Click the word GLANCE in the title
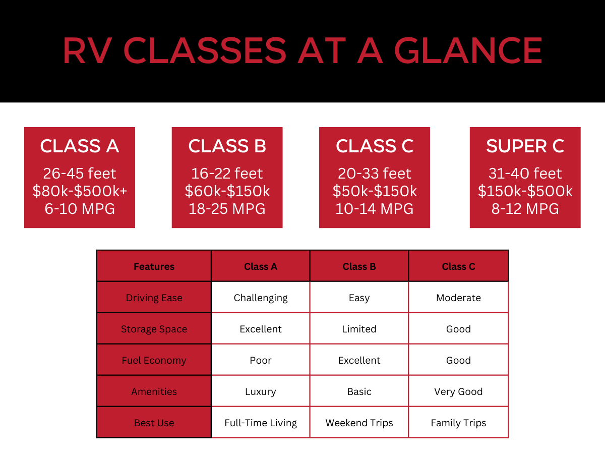468,50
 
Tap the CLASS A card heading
80,146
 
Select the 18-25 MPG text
227,209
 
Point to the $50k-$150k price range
375,191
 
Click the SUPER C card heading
525,146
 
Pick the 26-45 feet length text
80,174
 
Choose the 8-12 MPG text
525,209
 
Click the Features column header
154,266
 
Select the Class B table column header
359,266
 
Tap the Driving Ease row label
154,298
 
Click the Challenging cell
261,298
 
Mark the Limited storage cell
359,329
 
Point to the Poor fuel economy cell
261,360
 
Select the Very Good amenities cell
458,391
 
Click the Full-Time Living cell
261,423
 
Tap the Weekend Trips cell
359,423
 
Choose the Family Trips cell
458,423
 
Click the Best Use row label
154,423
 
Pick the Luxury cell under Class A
261,391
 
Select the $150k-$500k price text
525,191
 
